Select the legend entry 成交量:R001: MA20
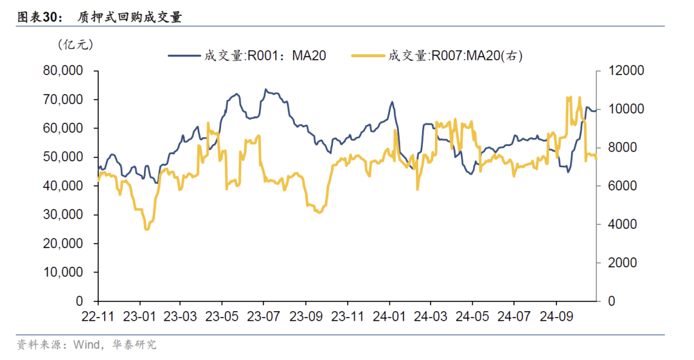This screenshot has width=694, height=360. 248,56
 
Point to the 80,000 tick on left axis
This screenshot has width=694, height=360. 63,71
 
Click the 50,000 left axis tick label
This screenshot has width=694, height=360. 63,157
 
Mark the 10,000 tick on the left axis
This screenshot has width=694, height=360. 63,272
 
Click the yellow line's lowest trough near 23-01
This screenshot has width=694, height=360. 147,229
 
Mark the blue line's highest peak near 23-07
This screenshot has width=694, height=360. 266,90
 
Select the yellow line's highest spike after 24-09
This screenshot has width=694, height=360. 568,98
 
